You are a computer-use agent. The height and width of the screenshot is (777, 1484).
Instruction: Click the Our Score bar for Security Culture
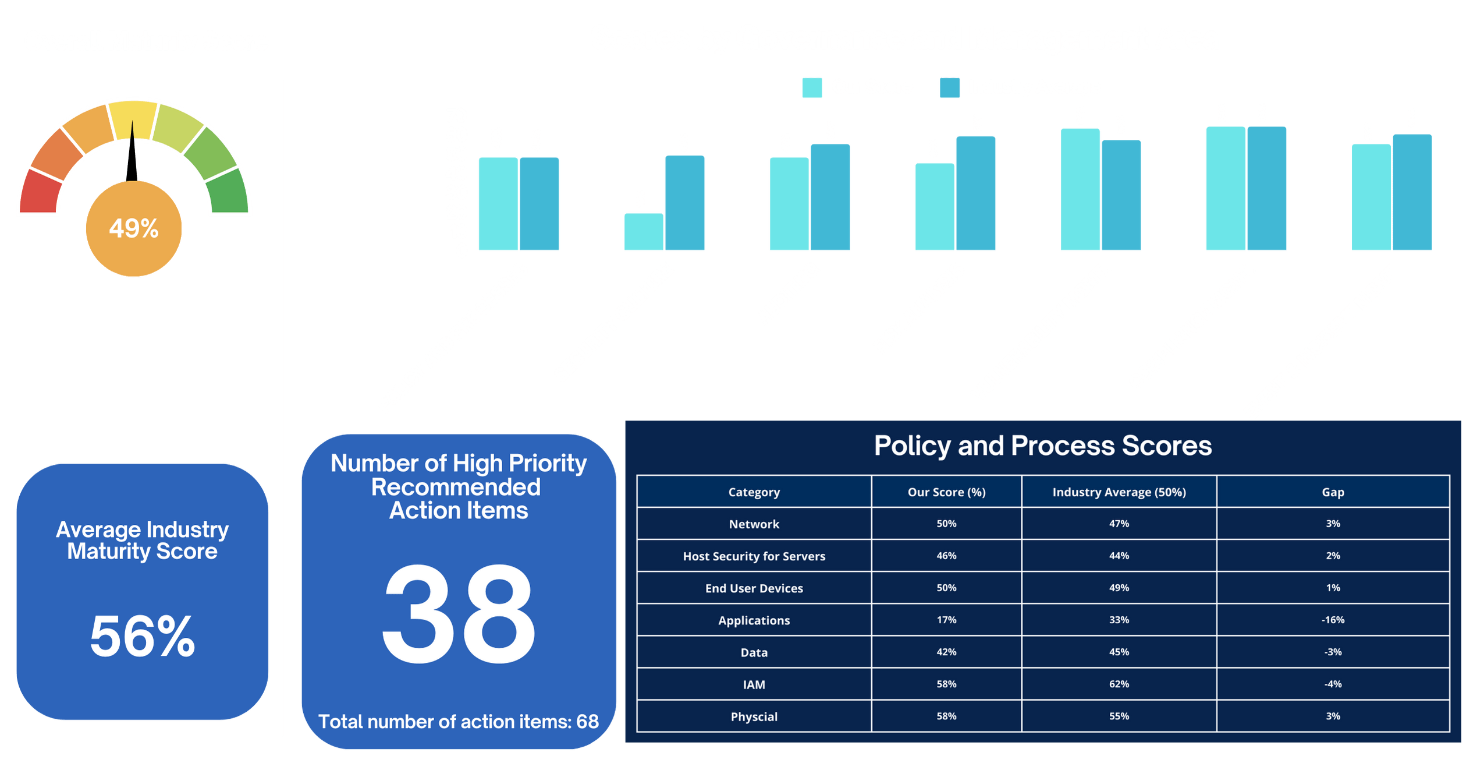pos(643,232)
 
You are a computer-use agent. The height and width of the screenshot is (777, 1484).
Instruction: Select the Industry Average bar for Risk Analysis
pos(976,193)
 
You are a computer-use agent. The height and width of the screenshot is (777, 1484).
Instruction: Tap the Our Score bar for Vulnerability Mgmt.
pos(1080,189)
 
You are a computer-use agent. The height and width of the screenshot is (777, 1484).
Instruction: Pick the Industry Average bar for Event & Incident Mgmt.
pos(1412,192)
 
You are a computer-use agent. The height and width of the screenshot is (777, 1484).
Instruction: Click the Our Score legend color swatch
pos(811,87)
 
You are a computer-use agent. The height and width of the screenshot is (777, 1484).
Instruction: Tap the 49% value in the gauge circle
pos(134,228)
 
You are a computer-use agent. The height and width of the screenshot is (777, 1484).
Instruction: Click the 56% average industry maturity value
pos(143,636)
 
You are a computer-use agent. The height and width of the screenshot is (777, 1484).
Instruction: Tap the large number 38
pos(459,614)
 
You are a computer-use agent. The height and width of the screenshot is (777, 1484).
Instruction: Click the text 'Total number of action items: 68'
pos(459,722)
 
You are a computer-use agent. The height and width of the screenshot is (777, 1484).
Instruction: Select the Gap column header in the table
pos(1333,492)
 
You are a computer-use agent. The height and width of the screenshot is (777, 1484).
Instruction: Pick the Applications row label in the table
pos(754,620)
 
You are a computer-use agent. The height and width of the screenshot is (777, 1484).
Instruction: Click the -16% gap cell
pos(1333,620)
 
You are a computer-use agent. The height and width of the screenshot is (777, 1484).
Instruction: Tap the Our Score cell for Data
pos(946,652)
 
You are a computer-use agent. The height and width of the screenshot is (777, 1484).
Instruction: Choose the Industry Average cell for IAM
pos(1119,684)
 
